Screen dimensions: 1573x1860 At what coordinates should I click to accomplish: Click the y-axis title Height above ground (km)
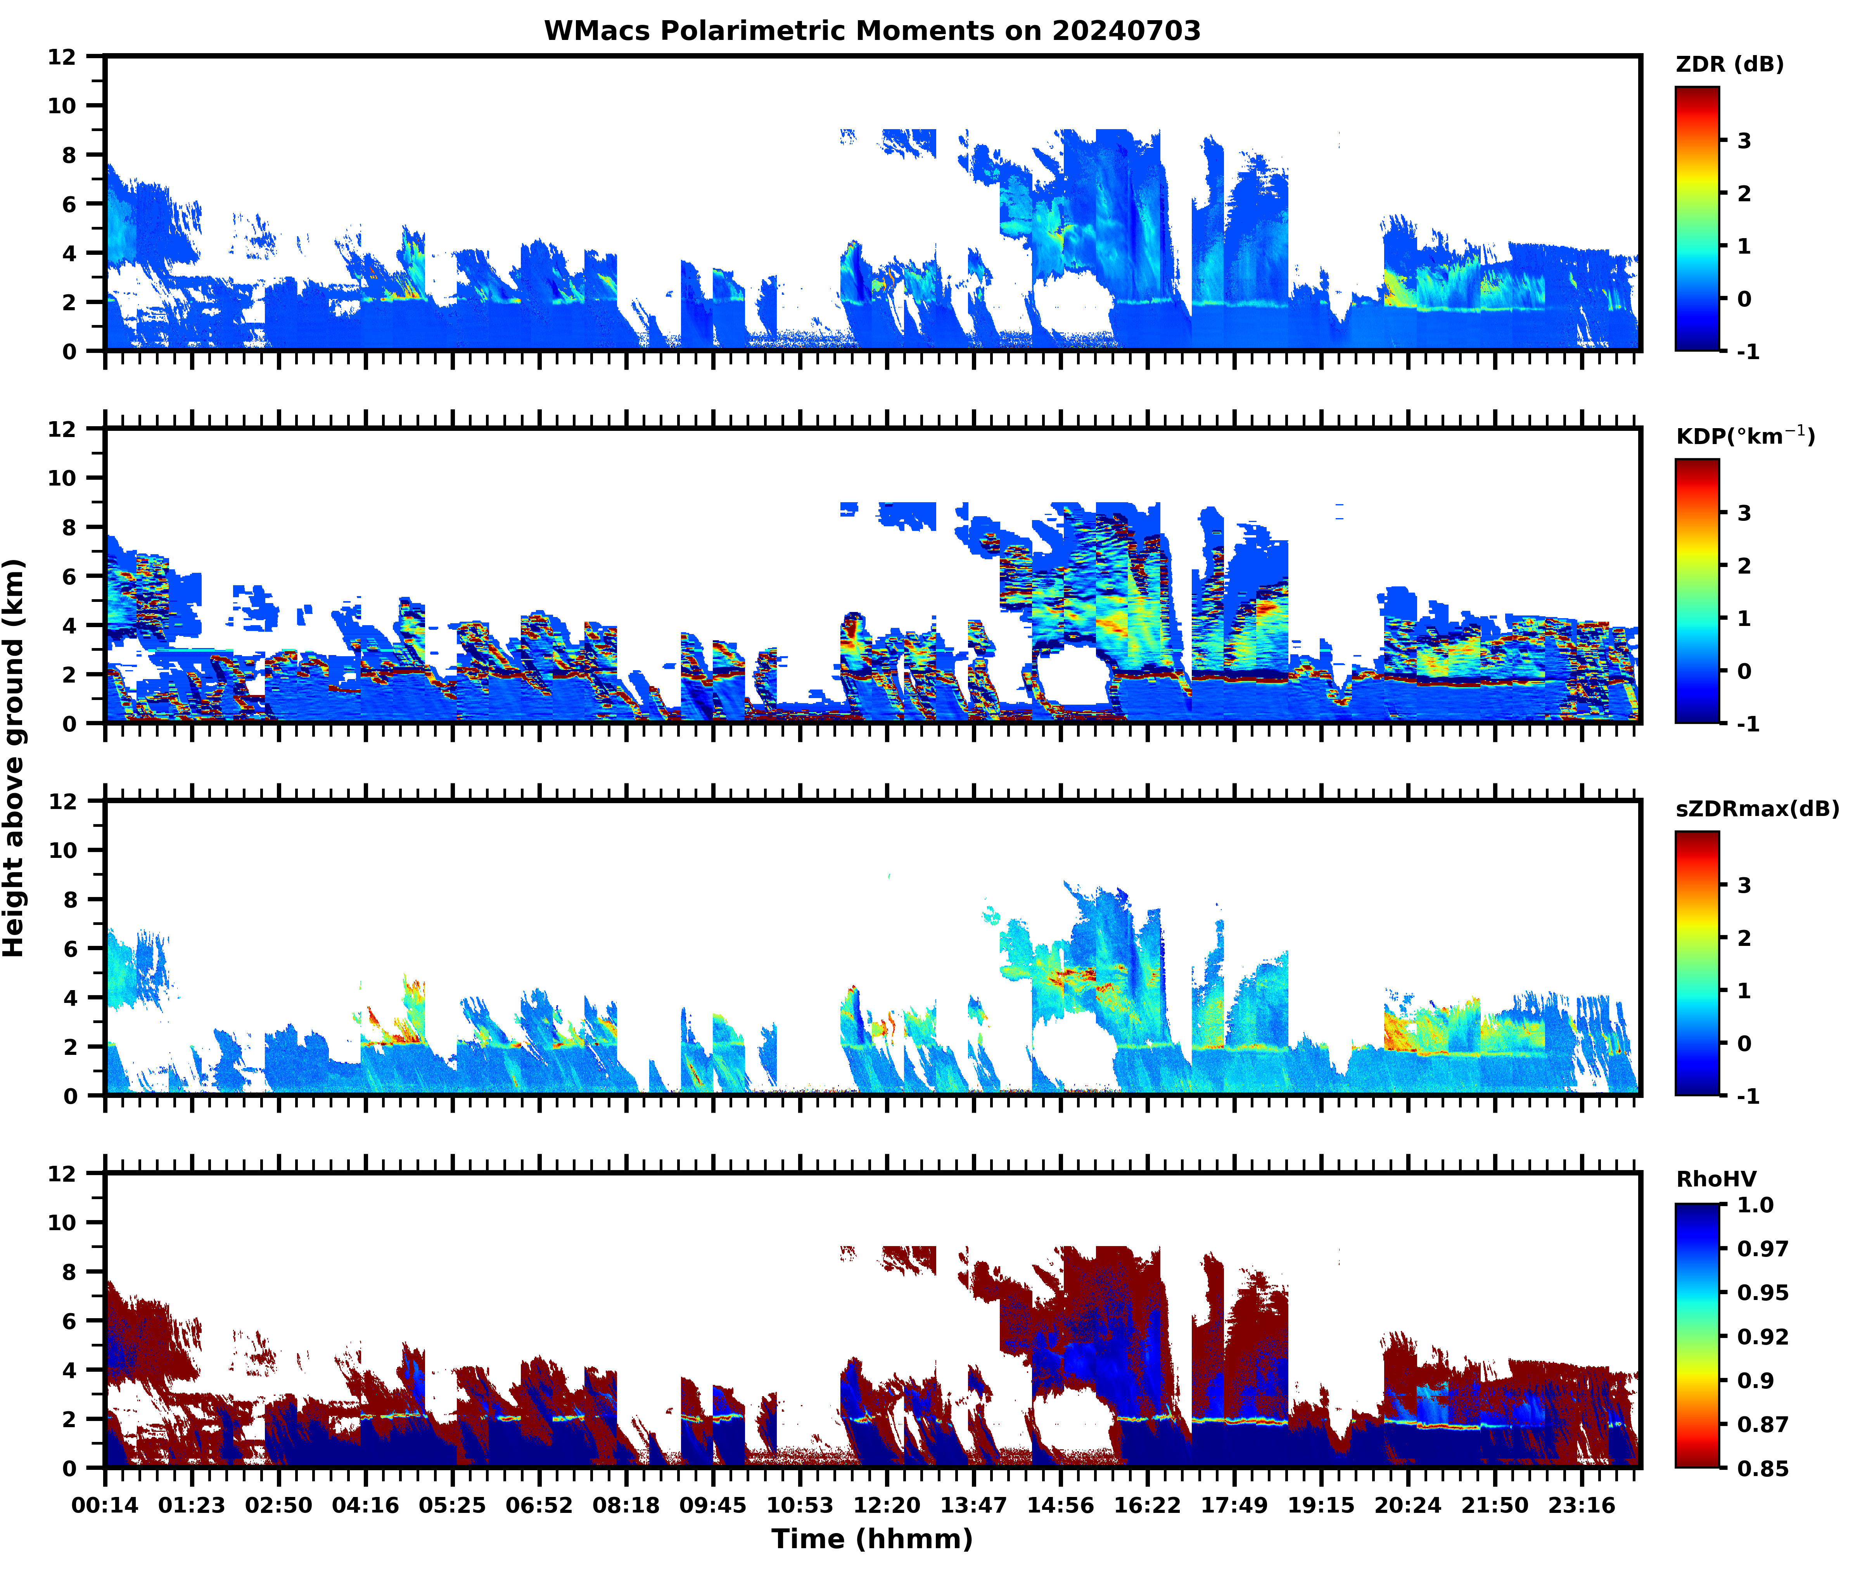pyautogui.click(x=14, y=758)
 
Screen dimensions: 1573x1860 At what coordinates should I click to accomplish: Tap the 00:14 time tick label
pyautogui.click(x=105, y=1505)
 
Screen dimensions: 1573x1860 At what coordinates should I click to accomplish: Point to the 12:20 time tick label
pyautogui.click(x=886, y=1505)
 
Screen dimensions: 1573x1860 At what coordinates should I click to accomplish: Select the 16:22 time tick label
pyautogui.click(x=1147, y=1505)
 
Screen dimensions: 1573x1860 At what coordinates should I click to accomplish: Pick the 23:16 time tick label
pyautogui.click(x=1582, y=1505)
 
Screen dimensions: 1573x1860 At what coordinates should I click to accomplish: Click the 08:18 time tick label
pyautogui.click(x=626, y=1505)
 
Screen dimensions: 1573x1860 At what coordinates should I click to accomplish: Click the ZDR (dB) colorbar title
pyautogui.click(x=1729, y=64)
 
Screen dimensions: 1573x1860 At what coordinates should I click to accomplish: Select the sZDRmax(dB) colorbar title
pyautogui.click(x=1756, y=809)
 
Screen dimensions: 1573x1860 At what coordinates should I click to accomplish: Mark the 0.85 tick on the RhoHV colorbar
pyautogui.click(x=1762, y=1468)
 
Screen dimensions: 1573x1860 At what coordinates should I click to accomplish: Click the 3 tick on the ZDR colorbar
pyautogui.click(x=1744, y=141)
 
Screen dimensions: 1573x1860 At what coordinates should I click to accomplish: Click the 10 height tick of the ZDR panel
pyautogui.click(x=62, y=105)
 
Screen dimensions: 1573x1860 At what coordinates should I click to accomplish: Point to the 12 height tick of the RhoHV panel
pyautogui.click(x=62, y=1174)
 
